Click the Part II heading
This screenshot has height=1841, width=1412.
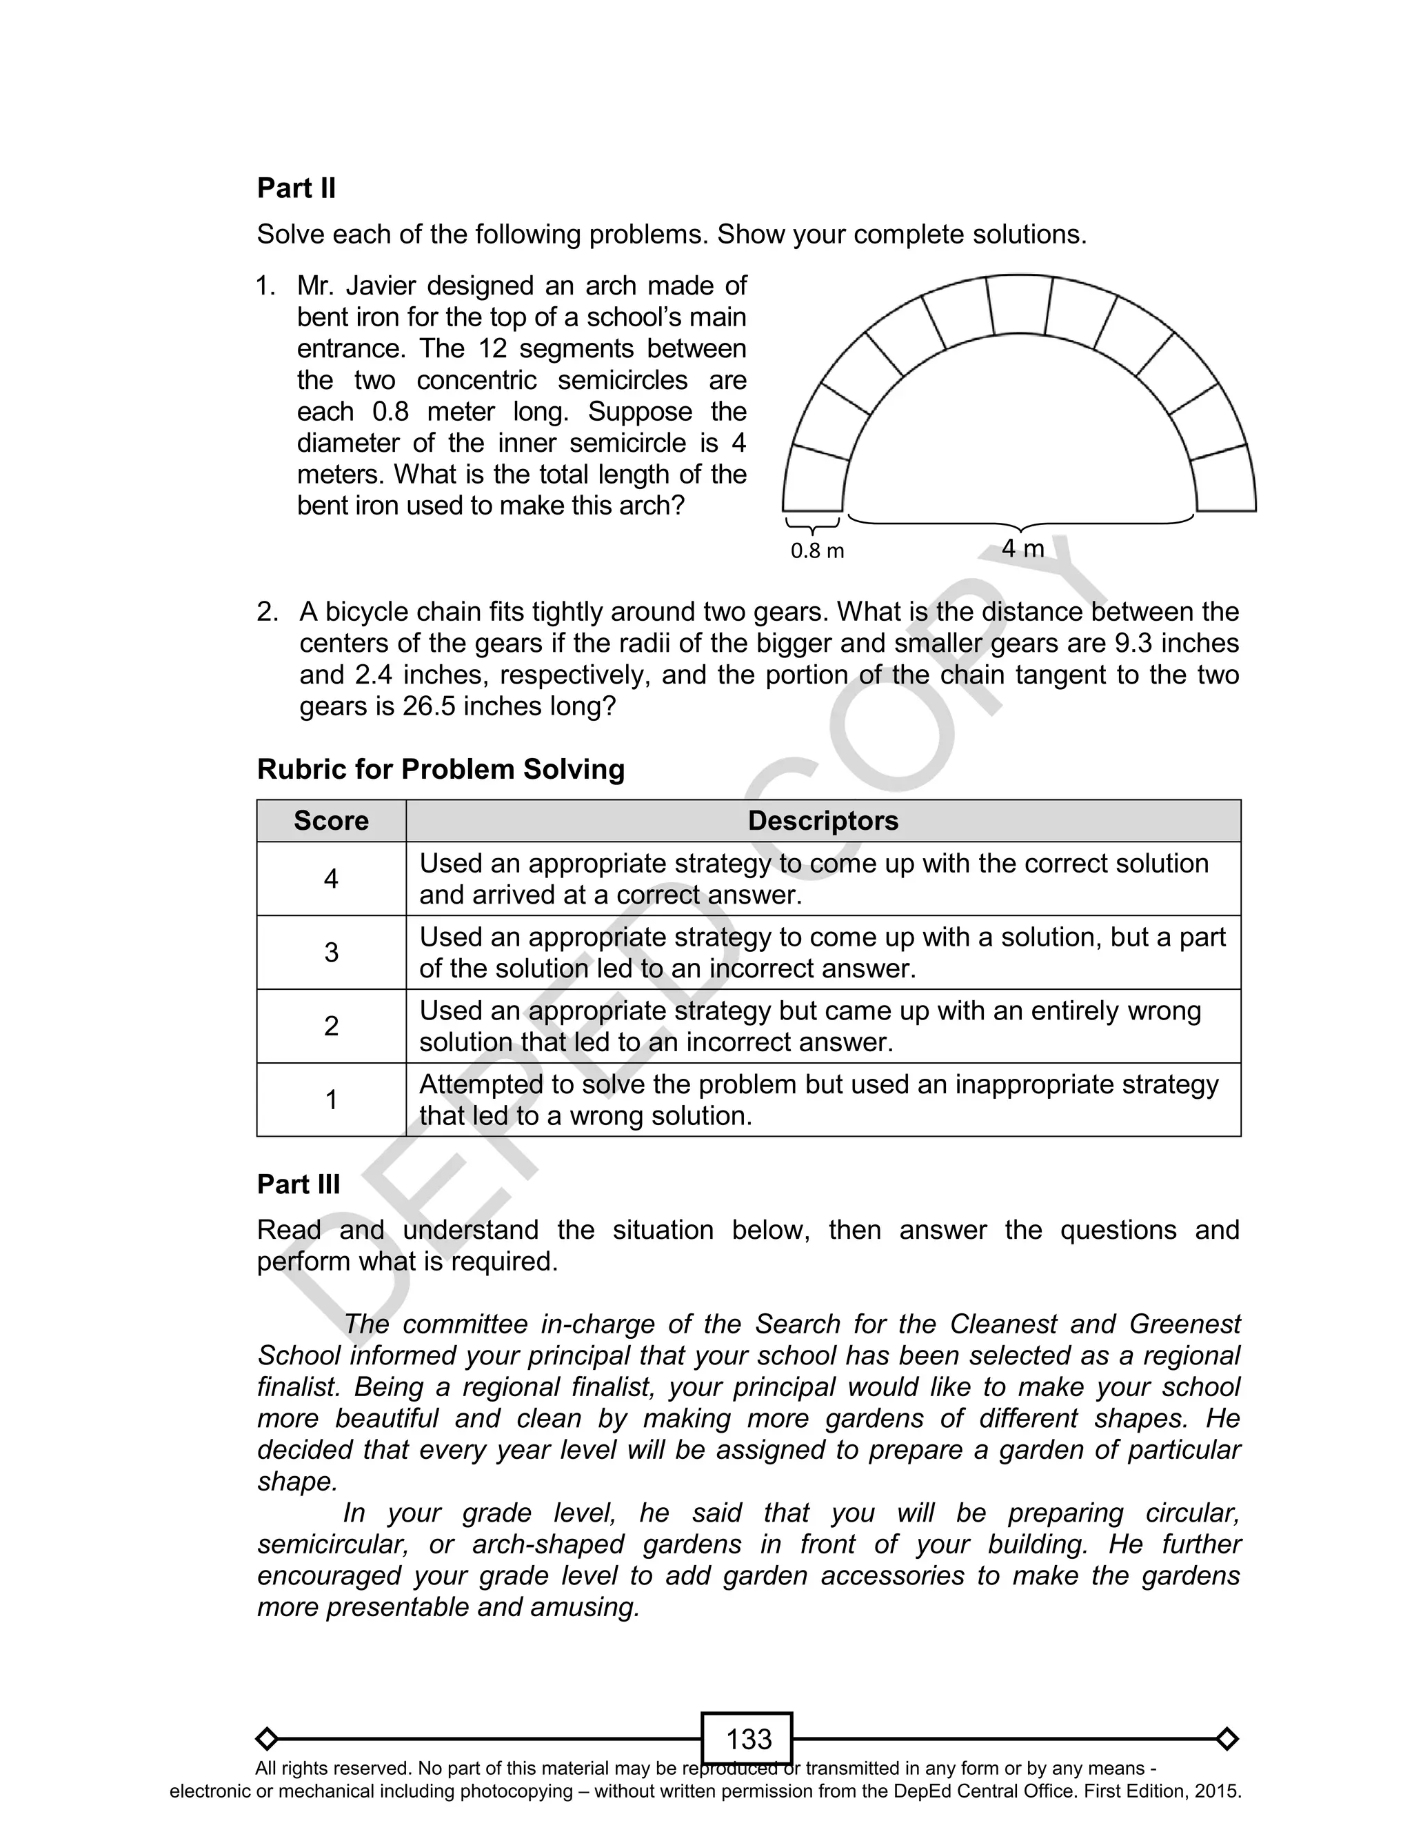[x=296, y=188]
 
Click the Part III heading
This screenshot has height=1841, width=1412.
[x=299, y=1184]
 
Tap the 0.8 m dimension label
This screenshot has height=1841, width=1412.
[x=817, y=551]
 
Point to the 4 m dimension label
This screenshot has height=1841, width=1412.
[x=1023, y=549]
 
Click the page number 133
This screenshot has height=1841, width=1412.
[x=748, y=1738]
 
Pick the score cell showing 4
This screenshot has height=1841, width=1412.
[x=331, y=879]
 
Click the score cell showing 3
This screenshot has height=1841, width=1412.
[x=331, y=953]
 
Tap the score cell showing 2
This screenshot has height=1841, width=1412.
[x=331, y=1026]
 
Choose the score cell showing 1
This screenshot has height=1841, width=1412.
[x=331, y=1099]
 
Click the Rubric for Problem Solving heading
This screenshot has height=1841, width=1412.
[x=441, y=769]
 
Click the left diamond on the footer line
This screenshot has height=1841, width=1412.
[x=266, y=1738]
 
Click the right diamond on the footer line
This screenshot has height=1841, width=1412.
[x=1227, y=1738]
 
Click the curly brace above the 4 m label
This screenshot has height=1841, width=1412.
[x=1020, y=523]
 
